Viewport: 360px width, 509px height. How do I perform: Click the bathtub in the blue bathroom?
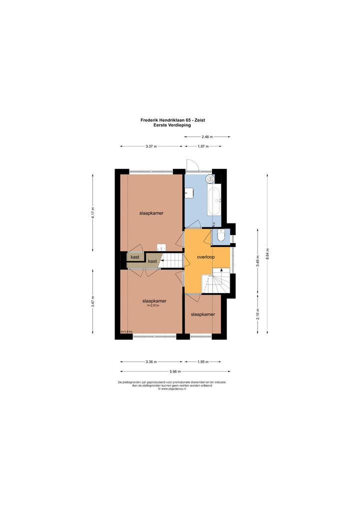click(x=214, y=199)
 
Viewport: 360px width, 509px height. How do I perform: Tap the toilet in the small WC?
click(x=220, y=236)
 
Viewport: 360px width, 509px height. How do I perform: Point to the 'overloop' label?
click(x=206, y=257)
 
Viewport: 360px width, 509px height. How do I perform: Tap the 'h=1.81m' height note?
click(x=126, y=332)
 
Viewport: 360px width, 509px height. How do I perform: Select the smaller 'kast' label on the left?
click(x=135, y=257)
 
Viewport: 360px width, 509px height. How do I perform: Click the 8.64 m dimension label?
click(x=267, y=254)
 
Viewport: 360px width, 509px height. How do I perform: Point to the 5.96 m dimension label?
click(x=175, y=371)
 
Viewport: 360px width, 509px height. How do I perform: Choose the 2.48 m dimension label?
click(x=207, y=136)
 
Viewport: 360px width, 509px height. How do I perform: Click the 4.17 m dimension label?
click(x=92, y=213)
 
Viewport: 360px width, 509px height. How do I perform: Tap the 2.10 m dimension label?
click(x=257, y=314)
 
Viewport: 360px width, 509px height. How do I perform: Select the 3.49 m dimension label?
click(x=257, y=261)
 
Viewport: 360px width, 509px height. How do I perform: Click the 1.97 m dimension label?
click(x=203, y=146)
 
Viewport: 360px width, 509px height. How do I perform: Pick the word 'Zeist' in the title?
click(x=199, y=120)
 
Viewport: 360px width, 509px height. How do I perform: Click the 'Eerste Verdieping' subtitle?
click(x=172, y=125)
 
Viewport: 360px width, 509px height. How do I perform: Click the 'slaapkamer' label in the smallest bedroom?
click(x=203, y=314)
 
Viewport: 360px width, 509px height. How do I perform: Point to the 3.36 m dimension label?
click(x=151, y=361)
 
